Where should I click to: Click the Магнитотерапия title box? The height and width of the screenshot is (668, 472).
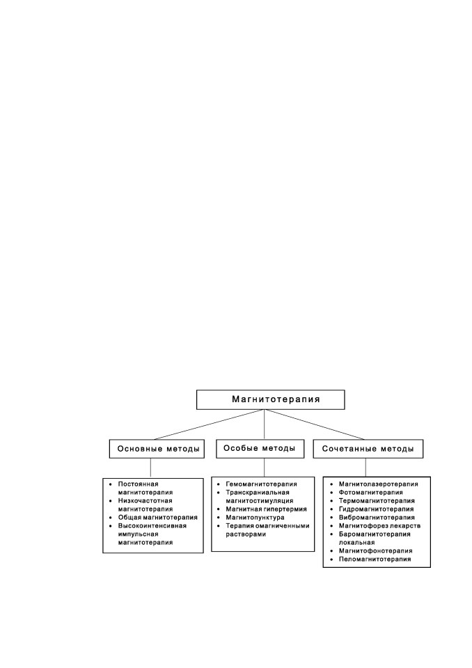pyautogui.click(x=270, y=399)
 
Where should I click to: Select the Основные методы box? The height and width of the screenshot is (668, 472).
pyautogui.click(x=157, y=449)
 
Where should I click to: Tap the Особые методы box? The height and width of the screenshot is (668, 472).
pyautogui.click(x=260, y=449)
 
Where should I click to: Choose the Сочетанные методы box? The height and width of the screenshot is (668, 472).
pyautogui.click(x=368, y=449)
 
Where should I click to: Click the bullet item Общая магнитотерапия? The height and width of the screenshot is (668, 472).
pyautogui.click(x=158, y=517)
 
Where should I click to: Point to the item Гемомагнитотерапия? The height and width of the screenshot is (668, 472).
pyautogui.click(x=261, y=484)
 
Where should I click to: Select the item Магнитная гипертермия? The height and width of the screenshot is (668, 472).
pyautogui.click(x=266, y=509)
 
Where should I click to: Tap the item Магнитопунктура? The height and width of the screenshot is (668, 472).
pyautogui.click(x=255, y=517)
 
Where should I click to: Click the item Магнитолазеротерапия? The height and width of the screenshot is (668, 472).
pyautogui.click(x=378, y=484)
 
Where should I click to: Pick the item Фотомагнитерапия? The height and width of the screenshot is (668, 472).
pyautogui.click(x=370, y=493)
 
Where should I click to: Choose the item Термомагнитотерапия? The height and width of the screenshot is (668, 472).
pyautogui.click(x=377, y=500)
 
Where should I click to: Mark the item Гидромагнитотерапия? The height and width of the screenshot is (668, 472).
pyautogui.click(x=376, y=509)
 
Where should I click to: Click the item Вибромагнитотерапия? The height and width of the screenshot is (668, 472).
pyautogui.click(x=377, y=517)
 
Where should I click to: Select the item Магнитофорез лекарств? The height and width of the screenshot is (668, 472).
pyautogui.click(x=379, y=526)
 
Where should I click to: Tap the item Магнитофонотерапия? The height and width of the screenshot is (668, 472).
pyautogui.click(x=376, y=551)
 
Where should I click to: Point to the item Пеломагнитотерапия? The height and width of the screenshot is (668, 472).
pyautogui.click(x=375, y=559)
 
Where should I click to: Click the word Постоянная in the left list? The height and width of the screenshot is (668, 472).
pyautogui.click(x=138, y=484)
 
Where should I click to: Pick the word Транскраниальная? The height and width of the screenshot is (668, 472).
pyautogui.click(x=258, y=493)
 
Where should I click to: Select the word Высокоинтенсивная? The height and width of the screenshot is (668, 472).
pyautogui.click(x=152, y=526)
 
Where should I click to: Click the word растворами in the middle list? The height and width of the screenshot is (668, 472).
pyautogui.click(x=246, y=534)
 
